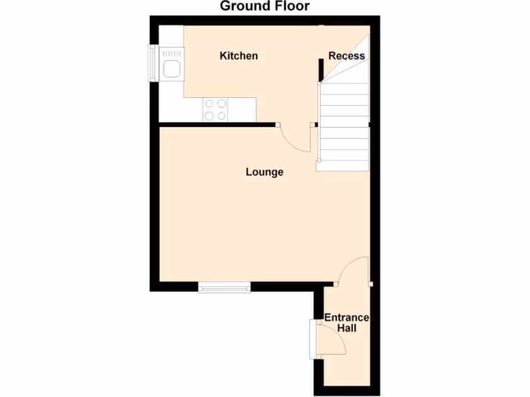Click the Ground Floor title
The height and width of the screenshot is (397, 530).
click(264, 6)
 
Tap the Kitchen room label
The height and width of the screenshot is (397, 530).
click(239, 56)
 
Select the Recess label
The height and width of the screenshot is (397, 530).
click(347, 56)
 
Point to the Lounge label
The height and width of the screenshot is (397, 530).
click(264, 172)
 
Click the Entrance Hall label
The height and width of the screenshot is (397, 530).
click(347, 323)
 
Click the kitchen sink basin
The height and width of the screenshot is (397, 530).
click(171, 69)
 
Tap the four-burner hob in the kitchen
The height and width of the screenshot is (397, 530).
click(216, 110)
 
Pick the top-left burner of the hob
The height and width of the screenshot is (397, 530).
click(210, 103)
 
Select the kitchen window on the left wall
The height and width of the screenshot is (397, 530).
click(153, 63)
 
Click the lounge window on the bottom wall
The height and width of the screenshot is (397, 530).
click(225, 287)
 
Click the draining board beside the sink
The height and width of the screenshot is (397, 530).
click(172, 52)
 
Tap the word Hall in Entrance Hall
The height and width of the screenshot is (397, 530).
click(347, 328)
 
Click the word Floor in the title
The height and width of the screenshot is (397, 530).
click(291, 6)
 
